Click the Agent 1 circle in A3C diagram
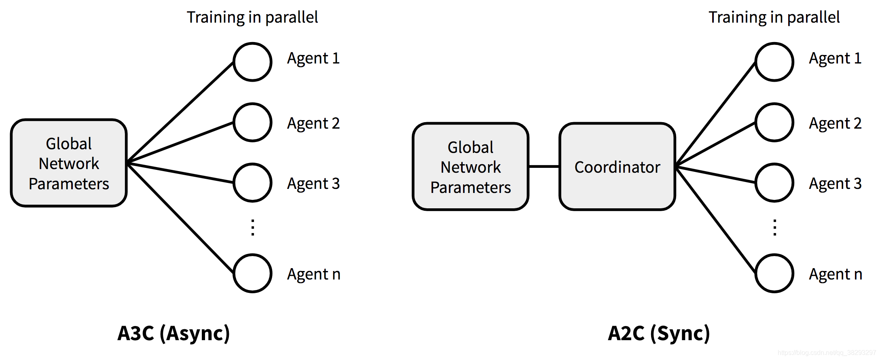[252, 62]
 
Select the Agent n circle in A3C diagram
[252, 273]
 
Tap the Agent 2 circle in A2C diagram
[774, 122]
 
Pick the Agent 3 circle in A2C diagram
[774, 182]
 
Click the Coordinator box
[617, 167]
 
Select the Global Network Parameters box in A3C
[69, 163]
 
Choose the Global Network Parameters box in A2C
[470, 167]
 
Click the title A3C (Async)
[173, 333]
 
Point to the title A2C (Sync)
[659, 333]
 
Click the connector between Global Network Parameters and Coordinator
[544, 166]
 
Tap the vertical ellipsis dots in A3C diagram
[253, 227]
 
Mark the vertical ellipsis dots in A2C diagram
[774, 227]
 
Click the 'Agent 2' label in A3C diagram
[313, 123]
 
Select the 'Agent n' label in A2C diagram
[835, 274]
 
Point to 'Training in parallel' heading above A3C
[252, 17]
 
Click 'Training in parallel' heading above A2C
[774, 17]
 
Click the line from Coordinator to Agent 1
[716, 114]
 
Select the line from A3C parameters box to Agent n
[180, 218]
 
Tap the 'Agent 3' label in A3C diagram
[313, 184]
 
